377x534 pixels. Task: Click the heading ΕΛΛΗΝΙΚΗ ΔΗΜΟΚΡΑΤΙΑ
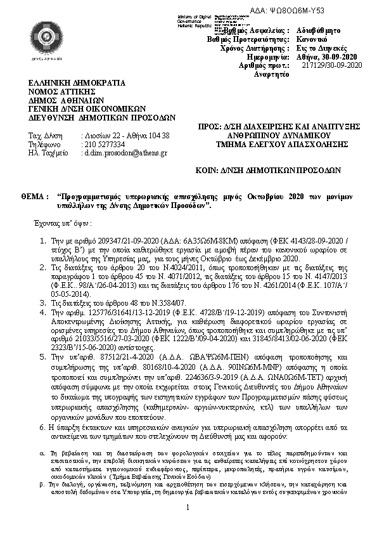(x=76, y=82)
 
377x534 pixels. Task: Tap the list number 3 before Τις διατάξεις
(x=42, y=285)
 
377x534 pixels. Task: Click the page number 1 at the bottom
(x=188, y=524)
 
